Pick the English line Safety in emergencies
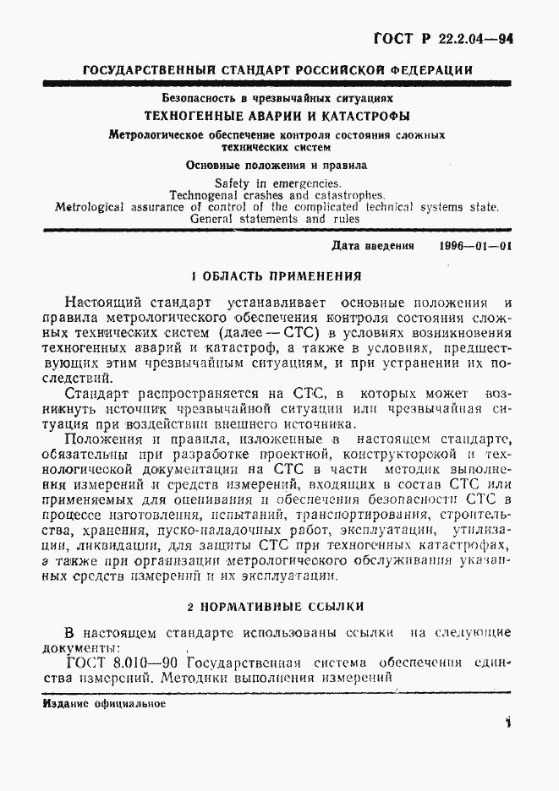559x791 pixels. pos(277,183)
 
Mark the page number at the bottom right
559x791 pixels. pos(508,724)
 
